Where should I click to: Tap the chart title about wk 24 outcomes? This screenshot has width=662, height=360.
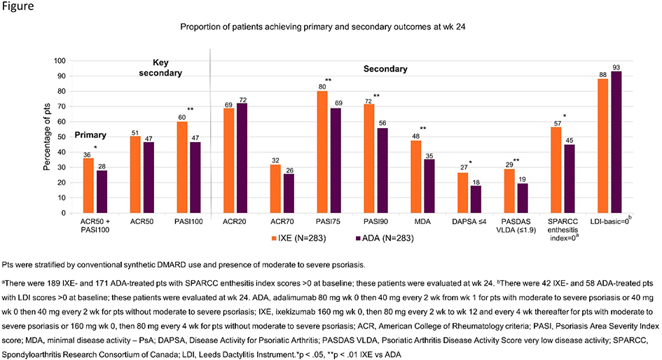331,27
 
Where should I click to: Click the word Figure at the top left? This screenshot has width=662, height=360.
19,7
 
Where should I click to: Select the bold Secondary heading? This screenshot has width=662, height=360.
385,69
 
